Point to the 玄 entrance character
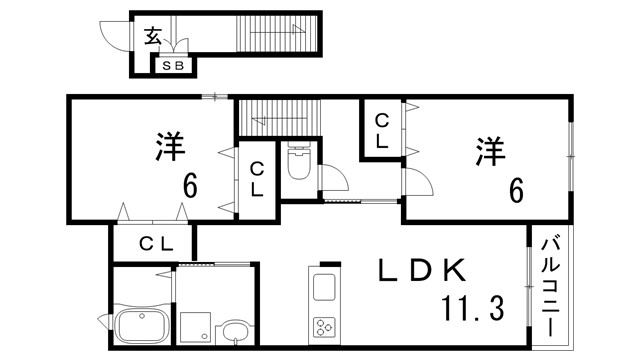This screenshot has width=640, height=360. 152,37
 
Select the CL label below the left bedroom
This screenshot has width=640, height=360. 156,243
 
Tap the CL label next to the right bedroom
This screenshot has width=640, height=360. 382,131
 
